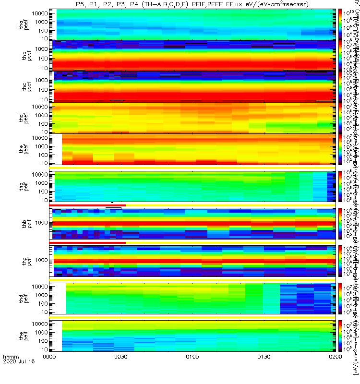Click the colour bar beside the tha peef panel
pos(340,24)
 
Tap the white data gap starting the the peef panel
pos(56,149)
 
